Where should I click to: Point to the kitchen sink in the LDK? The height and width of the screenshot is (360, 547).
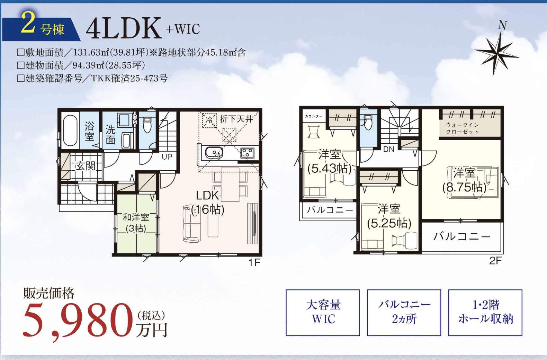pyautogui.click(x=214, y=153)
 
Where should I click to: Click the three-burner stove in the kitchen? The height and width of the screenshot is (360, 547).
pyautogui.click(x=247, y=153)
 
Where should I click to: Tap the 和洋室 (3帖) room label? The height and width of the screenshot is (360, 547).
pyautogui.click(x=135, y=223)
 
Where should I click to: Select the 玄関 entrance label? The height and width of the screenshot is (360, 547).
pyautogui.click(x=85, y=166)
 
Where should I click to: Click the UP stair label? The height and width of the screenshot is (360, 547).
pyautogui.click(x=167, y=157)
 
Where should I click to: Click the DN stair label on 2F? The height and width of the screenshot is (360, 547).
pyautogui.click(x=389, y=149)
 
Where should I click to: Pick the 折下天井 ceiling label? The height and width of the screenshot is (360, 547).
pyautogui.click(x=236, y=119)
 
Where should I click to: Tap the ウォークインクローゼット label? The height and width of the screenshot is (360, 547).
pyautogui.click(x=462, y=128)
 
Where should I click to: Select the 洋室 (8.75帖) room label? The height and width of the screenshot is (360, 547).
pyautogui.click(x=464, y=180)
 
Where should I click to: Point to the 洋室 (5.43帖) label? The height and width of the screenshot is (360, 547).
pyautogui.click(x=330, y=161)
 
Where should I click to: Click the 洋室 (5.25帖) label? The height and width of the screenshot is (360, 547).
pyautogui.click(x=389, y=216)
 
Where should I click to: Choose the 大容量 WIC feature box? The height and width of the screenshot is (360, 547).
pyautogui.click(x=323, y=313)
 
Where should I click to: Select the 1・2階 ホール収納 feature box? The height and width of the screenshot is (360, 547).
pyautogui.click(x=485, y=313)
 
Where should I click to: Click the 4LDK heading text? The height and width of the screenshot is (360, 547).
pyautogui.click(x=124, y=28)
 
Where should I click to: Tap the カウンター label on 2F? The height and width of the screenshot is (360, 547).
pyautogui.click(x=314, y=116)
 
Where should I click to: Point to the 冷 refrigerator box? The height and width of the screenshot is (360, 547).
pyautogui.click(x=209, y=120)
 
